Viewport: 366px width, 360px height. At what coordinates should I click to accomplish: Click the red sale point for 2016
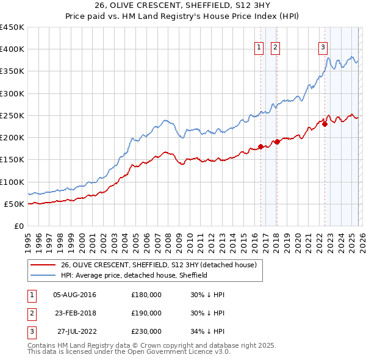(x=260, y=146)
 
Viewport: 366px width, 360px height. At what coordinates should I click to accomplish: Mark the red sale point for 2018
(x=277, y=142)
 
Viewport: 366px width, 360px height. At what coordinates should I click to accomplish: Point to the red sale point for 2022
(x=325, y=124)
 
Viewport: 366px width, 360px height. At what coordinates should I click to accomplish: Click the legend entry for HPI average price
(x=134, y=275)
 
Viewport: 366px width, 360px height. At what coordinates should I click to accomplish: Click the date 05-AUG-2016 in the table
(x=74, y=295)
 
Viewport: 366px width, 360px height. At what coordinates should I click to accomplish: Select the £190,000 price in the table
(x=146, y=313)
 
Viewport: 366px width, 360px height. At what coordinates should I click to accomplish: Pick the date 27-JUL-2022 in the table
(x=74, y=331)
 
